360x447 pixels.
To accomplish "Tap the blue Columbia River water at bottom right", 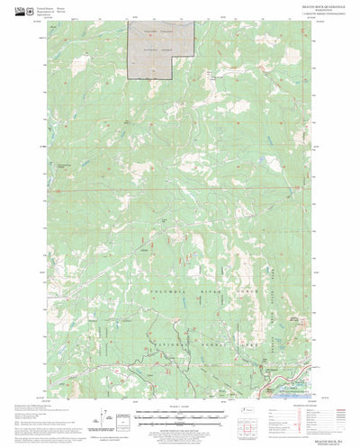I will pyautogui.click(x=306, y=393).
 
